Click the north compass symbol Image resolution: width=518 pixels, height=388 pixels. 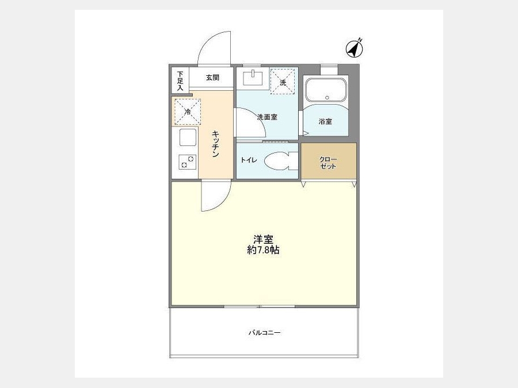(x=354, y=49)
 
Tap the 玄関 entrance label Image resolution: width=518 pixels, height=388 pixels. (x=212, y=78)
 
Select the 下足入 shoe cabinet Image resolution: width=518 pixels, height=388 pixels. (x=180, y=80)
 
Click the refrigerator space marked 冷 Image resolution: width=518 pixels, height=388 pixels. (x=188, y=112)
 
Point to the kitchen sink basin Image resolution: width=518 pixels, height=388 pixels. (x=188, y=137)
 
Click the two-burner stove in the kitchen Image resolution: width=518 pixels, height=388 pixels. (x=188, y=162)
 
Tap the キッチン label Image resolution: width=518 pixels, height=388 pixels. (x=215, y=144)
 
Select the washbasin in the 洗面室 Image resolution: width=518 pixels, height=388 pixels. (x=253, y=78)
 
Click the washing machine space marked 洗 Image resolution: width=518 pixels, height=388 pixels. (x=283, y=82)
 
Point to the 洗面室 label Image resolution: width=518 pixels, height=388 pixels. (x=267, y=117)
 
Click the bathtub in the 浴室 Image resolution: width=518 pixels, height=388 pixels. (x=326, y=90)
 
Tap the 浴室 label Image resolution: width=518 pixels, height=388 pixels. (x=325, y=121)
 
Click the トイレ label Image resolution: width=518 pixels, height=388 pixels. (x=249, y=160)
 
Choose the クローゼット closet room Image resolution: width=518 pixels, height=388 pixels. (x=329, y=161)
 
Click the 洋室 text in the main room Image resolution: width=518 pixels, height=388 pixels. (x=263, y=239)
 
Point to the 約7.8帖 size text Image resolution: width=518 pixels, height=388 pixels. (x=263, y=250)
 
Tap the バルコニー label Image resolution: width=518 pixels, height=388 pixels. (x=265, y=333)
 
